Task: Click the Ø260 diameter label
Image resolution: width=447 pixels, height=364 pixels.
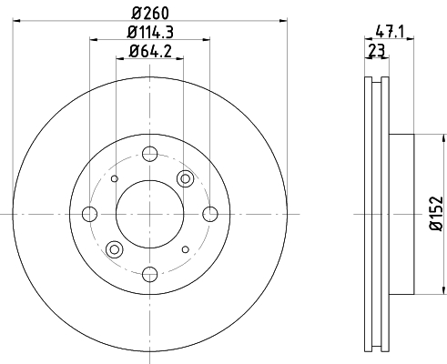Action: pyautogui.click(x=150, y=13)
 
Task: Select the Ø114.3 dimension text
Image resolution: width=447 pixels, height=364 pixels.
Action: pyautogui.click(x=150, y=32)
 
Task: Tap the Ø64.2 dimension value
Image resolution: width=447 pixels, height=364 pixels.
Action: pyautogui.click(x=150, y=51)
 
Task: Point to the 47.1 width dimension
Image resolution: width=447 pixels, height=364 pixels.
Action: pyautogui.click(x=390, y=32)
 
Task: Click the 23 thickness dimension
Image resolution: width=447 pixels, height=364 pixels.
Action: pyautogui.click(x=376, y=50)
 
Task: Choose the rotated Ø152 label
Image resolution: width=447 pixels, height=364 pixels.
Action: pyautogui.click(x=436, y=214)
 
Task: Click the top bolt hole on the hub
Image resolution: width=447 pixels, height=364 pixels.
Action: pyautogui.click(x=149, y=154)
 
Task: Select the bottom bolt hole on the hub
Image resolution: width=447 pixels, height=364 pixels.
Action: pyautogui.click(x=149, y=274)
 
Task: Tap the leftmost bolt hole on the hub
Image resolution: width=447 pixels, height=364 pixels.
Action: pyautogui.click(x=89, y=214)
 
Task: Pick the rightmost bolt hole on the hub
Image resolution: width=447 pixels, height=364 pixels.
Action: pyautogui.click(x=210, y=214)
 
